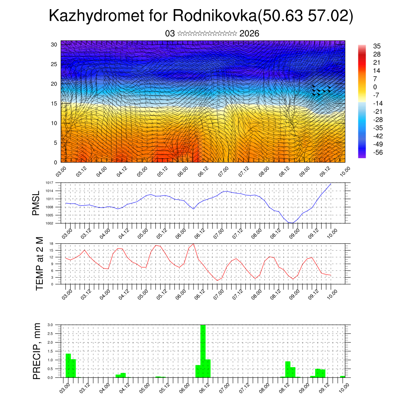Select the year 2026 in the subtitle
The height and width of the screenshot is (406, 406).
(x=249, y=34)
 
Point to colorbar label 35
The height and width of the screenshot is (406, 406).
(x=377, y=46)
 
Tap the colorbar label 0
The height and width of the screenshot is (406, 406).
(x=375, y=87)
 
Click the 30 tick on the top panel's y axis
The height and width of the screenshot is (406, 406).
(x=54, y=44)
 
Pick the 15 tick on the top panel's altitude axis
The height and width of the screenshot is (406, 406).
(x=54, y=103)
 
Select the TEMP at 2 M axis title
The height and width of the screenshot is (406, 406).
(x=40, y=264)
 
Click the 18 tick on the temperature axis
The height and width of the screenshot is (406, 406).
(x=52, y=243)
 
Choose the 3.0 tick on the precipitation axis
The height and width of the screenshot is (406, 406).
(x=50, y=325)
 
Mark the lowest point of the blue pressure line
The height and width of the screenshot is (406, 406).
(x=291, y=223)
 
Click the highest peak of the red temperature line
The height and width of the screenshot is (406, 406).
(x=193, y=244)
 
